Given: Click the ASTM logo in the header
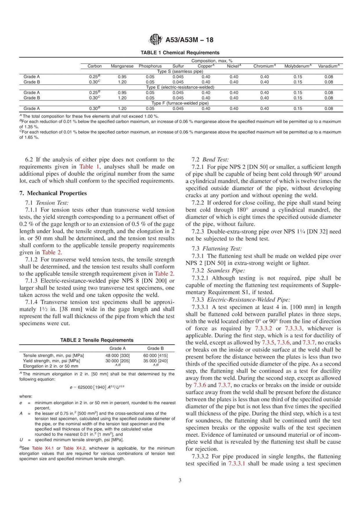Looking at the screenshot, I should [x=154, y=40].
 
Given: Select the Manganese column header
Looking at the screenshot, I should [x=122, y=66].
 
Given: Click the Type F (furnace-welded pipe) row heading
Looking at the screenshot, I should [x=180, y=103].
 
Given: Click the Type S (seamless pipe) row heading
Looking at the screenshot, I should [x=180, y=71].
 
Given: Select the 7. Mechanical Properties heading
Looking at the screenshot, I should [x=53, y=193].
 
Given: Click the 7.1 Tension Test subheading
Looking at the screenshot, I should [x=47, y=203].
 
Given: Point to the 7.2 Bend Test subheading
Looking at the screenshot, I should [x=210, y=160].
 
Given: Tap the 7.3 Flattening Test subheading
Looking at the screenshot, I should [x=216, y=248].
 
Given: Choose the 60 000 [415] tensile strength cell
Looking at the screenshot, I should [x=155, y=355].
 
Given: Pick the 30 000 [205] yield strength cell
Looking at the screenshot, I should [x=117, y=361].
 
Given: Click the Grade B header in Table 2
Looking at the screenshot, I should [x=155, y=348].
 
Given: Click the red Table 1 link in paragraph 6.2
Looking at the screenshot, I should [x=86, y=167].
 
